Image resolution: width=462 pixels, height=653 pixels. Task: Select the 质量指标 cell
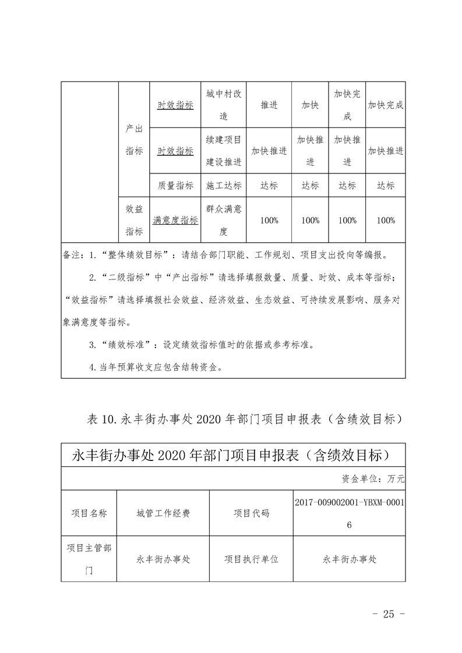(x=175, y=186)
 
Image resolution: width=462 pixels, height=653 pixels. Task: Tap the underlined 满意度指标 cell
(x=175, y=221)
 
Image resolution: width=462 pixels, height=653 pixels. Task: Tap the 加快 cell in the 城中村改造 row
(x=310, y=105)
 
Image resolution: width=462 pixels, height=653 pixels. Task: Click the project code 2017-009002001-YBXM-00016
(x=349, y=513)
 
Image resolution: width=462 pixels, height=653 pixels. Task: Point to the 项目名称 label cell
(x=89, y=513)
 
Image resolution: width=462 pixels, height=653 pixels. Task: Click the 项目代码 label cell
(x=251, y=513)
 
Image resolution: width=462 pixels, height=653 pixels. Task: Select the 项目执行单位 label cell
(x=251, y=559)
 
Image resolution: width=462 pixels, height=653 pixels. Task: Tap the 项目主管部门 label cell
(x=89, y=559)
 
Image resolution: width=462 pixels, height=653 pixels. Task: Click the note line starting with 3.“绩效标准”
(x=201, y=345)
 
